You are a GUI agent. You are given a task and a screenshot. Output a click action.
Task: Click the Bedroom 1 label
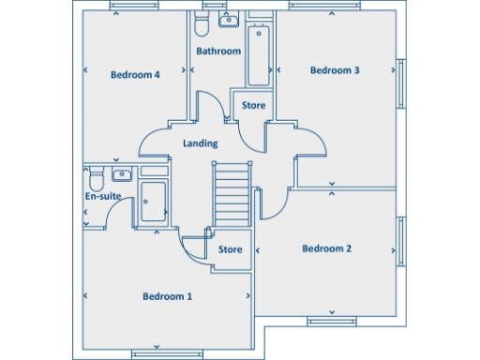pos(167,296)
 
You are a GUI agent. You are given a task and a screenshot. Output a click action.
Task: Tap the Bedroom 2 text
pos(326,248)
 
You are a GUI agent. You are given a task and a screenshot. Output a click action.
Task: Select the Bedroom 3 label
pos(335,70)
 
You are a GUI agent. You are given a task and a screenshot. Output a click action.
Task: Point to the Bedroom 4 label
pos(135,75)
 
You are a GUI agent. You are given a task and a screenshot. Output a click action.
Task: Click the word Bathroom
pos(218,51)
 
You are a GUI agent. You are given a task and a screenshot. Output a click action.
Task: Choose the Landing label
pos(200,143)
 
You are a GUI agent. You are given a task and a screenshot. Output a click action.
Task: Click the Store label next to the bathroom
pos(253,105)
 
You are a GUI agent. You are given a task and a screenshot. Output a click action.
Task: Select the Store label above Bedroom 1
pos(231,250)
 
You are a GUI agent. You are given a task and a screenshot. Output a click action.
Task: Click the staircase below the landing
pos(232,193)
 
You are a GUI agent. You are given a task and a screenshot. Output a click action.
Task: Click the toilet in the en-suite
pos(93,177)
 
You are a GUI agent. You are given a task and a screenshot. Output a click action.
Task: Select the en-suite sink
pos(121,174)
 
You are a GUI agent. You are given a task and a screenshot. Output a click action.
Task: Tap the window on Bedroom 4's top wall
pos(133,6)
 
